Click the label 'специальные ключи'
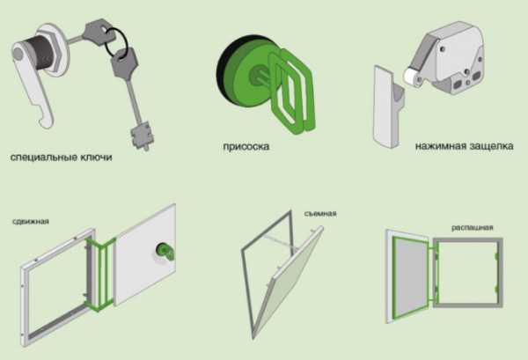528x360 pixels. (62, 157)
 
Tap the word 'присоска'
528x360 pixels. (246, 146)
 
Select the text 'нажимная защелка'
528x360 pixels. (464, 146)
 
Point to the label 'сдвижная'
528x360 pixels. (31, 221)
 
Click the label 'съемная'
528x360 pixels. (320, 214)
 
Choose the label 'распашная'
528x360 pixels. (472, 228)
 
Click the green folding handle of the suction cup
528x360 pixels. (291, 91)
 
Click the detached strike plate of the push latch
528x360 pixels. (387, 107)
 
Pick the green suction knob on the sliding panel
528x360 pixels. (165, 252)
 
